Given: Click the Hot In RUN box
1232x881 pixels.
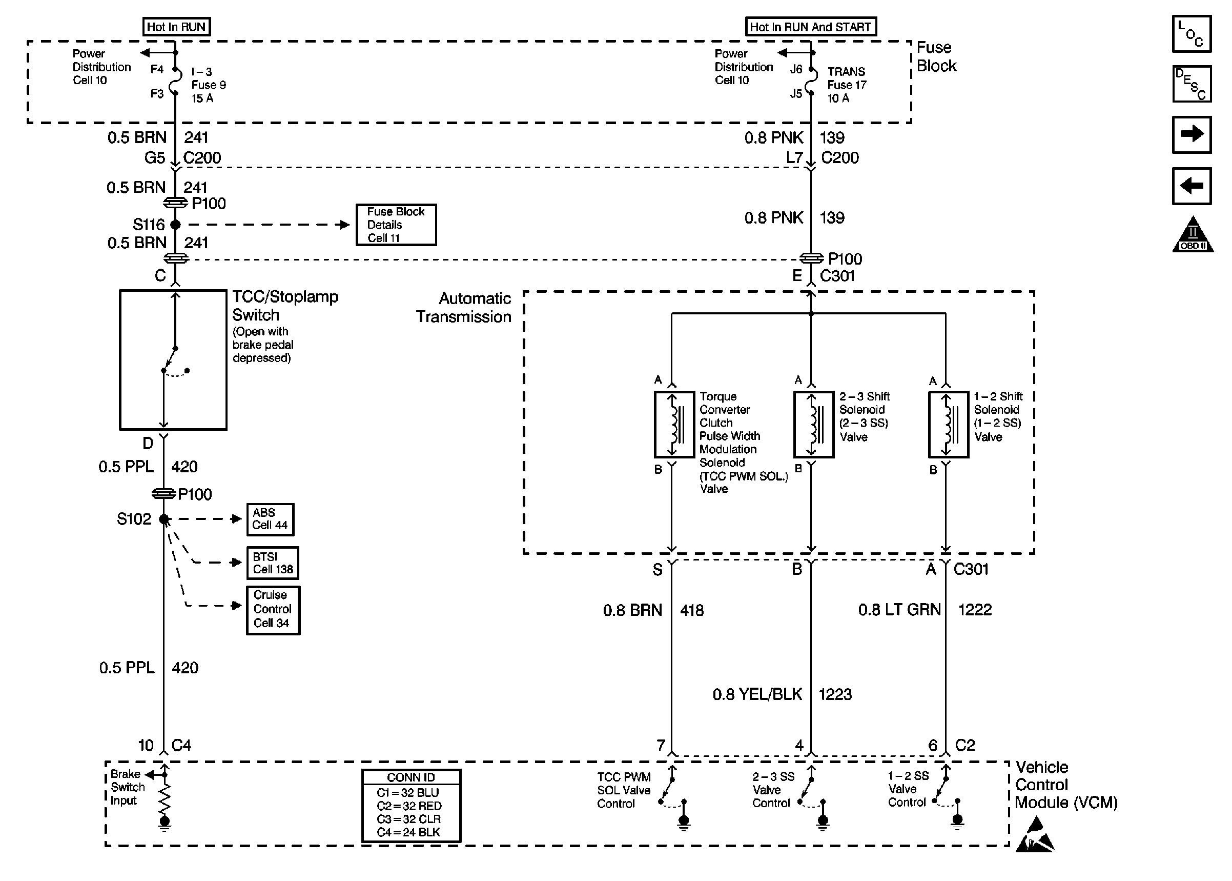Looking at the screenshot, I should pos(176,27).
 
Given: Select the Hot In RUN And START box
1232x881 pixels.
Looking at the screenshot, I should pos(810,27).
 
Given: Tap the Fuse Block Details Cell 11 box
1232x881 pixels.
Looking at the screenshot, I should pos(396,225).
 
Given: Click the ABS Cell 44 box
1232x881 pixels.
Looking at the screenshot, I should pos(270,519).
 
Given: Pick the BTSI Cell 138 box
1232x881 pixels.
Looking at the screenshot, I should pos(272,563).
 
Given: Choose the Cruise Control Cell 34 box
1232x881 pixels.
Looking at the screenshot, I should pos(273,610).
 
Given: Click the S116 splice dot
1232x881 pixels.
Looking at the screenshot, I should pos(175,225).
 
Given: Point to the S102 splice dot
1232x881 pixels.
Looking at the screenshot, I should pos(163,519).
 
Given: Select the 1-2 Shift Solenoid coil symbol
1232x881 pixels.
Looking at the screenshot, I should pos(948,424).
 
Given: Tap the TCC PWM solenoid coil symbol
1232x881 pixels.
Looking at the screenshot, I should pos(674,424).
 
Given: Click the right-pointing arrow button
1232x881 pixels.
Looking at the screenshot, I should pos(1192,134).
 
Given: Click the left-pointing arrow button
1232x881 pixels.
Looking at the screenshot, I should pos(1192,186).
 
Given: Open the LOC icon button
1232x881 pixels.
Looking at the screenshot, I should pos(1192,34).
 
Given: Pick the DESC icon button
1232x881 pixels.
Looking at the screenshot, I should pos(1192,84).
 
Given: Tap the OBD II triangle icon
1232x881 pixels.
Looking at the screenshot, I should pos(1193,235).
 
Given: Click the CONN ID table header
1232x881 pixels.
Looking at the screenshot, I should pos(411,777).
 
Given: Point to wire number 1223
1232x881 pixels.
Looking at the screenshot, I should pos(835,694).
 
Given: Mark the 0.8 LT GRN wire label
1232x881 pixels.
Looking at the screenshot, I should pos(899,610).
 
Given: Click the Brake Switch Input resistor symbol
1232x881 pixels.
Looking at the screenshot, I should pos(164,797).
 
